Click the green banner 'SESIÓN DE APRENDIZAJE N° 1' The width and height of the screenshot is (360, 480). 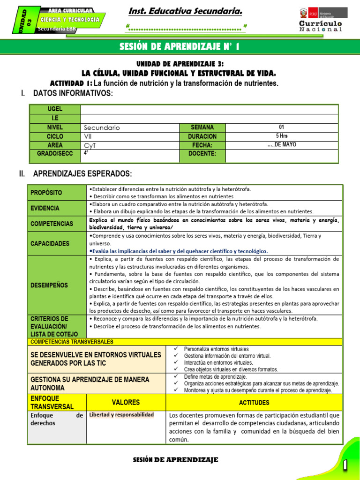180,46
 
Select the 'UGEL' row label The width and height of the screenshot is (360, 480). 55,109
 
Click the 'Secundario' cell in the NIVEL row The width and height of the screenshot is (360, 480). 102,127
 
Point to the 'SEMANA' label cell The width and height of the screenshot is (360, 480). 202,127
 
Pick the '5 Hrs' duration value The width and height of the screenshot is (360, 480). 281,136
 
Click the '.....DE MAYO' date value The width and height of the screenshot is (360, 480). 281,145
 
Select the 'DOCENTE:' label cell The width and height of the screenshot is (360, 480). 202,154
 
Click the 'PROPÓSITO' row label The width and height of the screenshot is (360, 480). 46,193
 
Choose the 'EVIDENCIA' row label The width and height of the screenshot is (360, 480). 45,208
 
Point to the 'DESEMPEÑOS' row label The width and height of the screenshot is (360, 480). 49,285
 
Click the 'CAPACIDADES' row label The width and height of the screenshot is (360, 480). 50,244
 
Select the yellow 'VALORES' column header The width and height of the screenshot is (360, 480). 126,402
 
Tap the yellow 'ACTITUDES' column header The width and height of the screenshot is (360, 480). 254,402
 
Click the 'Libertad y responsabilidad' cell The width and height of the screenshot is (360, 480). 121,415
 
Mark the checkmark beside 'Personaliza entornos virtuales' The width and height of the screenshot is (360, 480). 176,349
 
